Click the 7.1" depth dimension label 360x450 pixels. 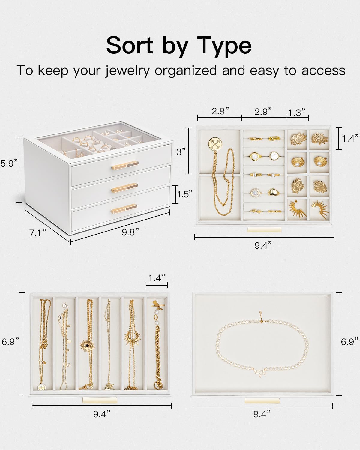point(38,233)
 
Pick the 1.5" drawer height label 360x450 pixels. point(184,194)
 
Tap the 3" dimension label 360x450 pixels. point(181,151)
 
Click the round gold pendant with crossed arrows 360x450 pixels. point(215,144)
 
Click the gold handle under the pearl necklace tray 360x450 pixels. point(262,401)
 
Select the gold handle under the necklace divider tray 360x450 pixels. point(100,400)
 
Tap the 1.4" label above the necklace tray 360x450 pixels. point(157,278)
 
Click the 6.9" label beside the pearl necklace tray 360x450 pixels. point(349,342)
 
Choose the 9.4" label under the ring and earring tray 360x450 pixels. point(263,245)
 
